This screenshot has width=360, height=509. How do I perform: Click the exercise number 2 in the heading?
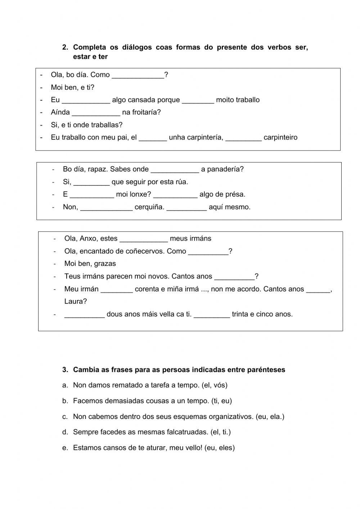65,47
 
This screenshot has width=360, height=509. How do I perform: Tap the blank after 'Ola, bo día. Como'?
138,75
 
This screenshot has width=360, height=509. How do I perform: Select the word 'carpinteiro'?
280,137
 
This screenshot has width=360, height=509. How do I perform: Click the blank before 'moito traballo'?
198,100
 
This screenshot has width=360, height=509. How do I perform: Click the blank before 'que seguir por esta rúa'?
91,182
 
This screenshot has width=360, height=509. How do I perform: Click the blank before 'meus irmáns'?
143,239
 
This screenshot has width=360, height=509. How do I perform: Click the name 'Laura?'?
76,302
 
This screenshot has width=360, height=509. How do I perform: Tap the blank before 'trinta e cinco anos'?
212,314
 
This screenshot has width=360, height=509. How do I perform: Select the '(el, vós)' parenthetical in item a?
215,385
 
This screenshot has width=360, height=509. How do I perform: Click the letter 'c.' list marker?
65,417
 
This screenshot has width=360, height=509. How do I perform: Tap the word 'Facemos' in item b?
86,401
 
